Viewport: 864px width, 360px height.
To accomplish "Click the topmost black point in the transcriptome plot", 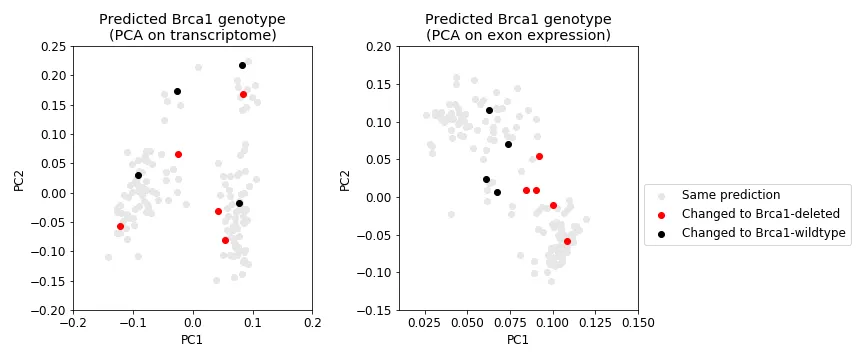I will pos(242,65).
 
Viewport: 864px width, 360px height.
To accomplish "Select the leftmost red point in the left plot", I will pos(120,226).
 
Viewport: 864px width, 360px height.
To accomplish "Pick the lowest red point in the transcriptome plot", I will pos(225,240).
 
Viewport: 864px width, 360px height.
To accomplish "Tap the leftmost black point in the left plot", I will pos(138,175).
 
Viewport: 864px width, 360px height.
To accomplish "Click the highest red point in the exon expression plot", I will pos(539,156).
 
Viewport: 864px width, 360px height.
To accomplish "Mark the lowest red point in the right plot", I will pos(567,241).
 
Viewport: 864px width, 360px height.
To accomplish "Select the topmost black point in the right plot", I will pos(489,110).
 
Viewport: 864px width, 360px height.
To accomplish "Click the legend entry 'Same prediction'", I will pos(730,195).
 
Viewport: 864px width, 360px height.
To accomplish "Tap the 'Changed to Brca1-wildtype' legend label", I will pos(763,233).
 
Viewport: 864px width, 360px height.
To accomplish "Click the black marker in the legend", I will pos(661,233).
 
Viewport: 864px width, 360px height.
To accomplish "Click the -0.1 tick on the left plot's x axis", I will pos(132,324).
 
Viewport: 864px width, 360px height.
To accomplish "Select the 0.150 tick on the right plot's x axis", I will pos(638,324).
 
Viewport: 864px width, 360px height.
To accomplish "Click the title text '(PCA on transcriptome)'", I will pos(192,36).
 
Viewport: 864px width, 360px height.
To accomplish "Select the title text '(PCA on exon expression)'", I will pos(518,36).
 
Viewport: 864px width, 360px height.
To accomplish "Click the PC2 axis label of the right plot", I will pos(345,178).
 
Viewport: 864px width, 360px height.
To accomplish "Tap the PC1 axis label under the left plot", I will pos(192,340).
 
